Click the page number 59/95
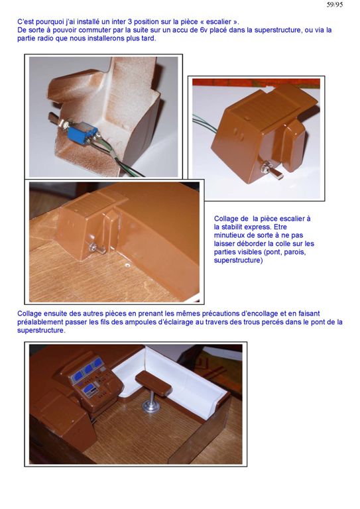pos(334,5)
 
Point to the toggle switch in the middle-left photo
pos(95,249)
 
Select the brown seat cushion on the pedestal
pos(153,382)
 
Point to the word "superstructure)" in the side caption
pos(238,260)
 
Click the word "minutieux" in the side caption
pos(229,235)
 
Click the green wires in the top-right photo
pos(204,126)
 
